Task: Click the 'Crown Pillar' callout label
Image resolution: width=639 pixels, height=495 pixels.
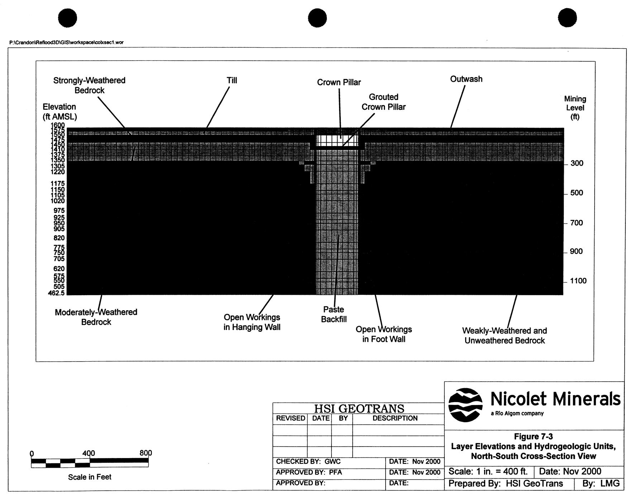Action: (x=339, y=82)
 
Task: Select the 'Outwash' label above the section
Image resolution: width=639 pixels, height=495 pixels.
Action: (x=466, y=79)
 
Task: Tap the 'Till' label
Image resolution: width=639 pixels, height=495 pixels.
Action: (x=232, y=80)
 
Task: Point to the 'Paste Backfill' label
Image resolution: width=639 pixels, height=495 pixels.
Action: (x=334, y=314)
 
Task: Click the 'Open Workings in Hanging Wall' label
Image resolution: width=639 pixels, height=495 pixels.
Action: (x=252, y=322)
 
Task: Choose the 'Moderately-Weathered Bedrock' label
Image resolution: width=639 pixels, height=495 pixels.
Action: (x=96, y=317)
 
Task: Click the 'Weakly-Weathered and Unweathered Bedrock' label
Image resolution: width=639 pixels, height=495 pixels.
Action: (x=504, y=335)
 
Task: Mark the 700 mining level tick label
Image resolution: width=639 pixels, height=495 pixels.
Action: (x=576, y=223)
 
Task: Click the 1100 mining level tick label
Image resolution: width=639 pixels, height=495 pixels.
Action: (x=578, y=281)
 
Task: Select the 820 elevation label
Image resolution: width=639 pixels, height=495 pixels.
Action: (x=59, y=238)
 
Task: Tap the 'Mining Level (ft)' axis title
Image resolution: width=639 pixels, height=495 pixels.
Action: (x=575, y=108)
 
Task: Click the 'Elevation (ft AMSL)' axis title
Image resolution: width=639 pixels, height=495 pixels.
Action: (x=59, y=112)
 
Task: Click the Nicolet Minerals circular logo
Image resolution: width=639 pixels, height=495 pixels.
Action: (x=465, y=405)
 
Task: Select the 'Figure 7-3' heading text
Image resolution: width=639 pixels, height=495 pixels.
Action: (x=533, y=437)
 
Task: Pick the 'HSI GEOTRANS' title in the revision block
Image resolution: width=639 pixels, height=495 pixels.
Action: (x=359, y=409)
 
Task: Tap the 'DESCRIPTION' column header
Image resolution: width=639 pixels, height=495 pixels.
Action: (x=395, y=419)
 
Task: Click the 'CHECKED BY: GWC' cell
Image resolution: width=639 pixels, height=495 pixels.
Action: (x=308, y=462)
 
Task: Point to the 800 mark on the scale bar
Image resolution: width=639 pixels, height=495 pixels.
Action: (x=146, y=453)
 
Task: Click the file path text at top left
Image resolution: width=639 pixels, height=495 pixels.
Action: (x=66, y=42)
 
